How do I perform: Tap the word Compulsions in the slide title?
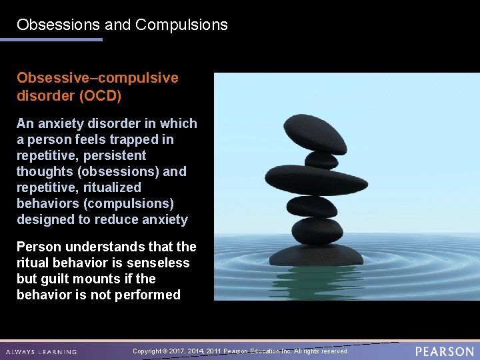pyautogui.click(x=181, y=25)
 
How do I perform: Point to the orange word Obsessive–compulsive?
pyautogui.click(x=97, y=78)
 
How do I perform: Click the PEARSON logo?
pyautogui.click(x=444, y=351)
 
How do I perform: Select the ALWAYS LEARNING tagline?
pyautogui.click(x=41, y=352)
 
